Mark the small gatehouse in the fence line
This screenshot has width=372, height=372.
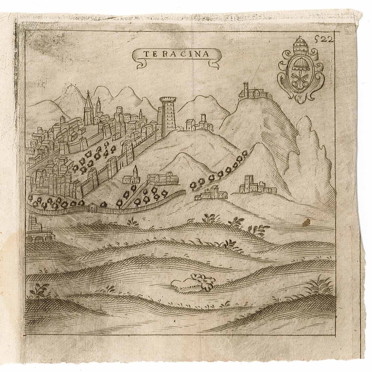pyautogui.click(x=93, y=208)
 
